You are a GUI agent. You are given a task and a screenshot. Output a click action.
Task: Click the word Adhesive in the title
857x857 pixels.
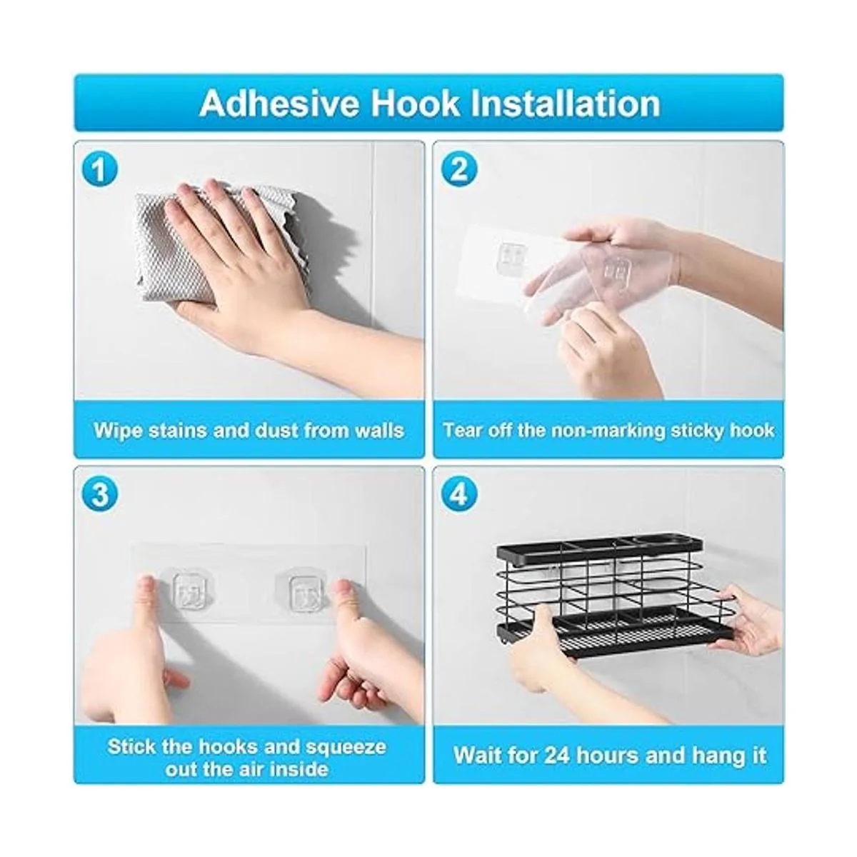tap(279, 104)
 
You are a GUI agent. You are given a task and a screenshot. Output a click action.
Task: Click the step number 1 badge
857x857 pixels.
tap(100, 169)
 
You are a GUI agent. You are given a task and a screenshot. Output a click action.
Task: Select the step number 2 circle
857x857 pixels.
tap(459, 169)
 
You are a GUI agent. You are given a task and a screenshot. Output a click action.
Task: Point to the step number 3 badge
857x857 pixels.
tap(100, 494)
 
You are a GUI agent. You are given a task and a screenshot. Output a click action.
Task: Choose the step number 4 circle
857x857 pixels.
tap(459, 494)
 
